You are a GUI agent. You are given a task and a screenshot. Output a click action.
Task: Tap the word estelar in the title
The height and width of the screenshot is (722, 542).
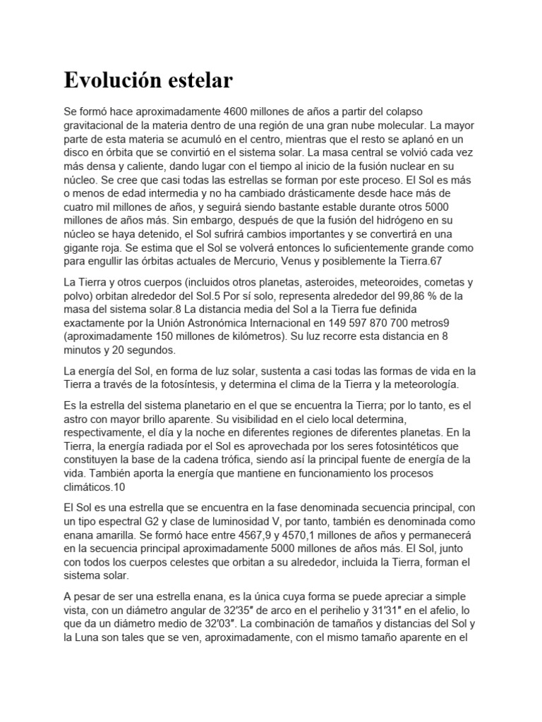(198, 81)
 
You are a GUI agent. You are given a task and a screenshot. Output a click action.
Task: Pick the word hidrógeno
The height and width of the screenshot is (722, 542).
(414, 221)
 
